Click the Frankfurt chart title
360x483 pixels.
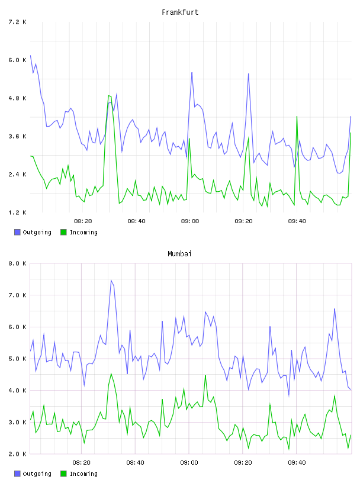tap(180, 12)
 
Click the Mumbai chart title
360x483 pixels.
tap(179, 254)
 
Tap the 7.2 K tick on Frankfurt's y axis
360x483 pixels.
tap(17, 22)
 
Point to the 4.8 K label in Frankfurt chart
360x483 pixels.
tap(17, 98)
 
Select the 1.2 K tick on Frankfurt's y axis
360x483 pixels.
tap(17, 212)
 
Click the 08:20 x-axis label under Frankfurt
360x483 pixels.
tap(83, 221)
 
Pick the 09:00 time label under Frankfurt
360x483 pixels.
tap(190, 221)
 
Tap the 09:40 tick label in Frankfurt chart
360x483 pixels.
tap(297, 221)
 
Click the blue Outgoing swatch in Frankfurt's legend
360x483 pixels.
tap(17, 232)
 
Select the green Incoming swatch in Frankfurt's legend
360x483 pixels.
tap(63, 232)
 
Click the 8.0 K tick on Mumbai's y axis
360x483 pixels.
tap(17, 263)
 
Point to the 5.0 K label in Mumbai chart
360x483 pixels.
tap(17, 359)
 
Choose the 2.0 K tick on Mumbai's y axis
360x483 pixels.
tap(17, 454)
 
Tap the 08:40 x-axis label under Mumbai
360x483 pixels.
tap(135, 463)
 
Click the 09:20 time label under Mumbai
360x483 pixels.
tap(243, 463)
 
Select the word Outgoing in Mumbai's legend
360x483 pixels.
tap(37, 474)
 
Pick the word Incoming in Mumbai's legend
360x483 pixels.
tap(83, 474)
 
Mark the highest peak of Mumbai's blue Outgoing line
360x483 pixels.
tap(111, 281)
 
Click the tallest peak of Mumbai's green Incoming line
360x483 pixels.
tap(111, 373)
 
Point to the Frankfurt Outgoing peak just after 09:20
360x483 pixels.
tap(249, 73)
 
